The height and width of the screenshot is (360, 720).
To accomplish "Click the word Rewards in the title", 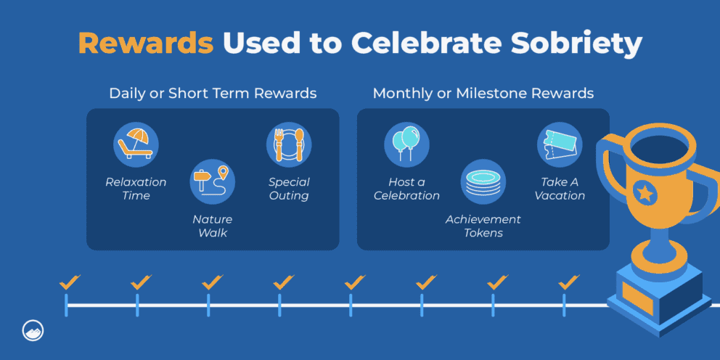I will coord(146,44).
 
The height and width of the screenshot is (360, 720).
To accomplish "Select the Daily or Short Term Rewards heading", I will coord(213,94).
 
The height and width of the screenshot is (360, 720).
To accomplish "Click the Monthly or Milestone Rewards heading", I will coord(483,94).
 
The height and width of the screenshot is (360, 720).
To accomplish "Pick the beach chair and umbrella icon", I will coord(136,144).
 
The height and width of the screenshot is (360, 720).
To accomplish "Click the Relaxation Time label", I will coord(136,189).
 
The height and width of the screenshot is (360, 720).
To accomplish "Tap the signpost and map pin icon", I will coord(212,182).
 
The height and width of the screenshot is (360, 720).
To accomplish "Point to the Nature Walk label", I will coord(212,226).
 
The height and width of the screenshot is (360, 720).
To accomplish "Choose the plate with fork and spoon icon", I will coord(289,144).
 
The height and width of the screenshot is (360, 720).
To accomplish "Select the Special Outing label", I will coord(289,189).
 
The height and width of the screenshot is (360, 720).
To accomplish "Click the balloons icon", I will coord(406,144).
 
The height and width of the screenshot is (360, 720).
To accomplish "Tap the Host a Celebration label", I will coord(406,189).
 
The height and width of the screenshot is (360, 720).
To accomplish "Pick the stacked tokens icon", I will coord(483,182).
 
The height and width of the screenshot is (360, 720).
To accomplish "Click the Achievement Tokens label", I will coord(483,226).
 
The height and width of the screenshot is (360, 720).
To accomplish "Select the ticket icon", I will coord(560,144).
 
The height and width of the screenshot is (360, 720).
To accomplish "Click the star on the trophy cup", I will coord(644,192).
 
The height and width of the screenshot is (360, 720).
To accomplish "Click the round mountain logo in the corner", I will coord(32,329).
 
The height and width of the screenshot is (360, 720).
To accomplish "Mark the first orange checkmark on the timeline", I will coord(70,281).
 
